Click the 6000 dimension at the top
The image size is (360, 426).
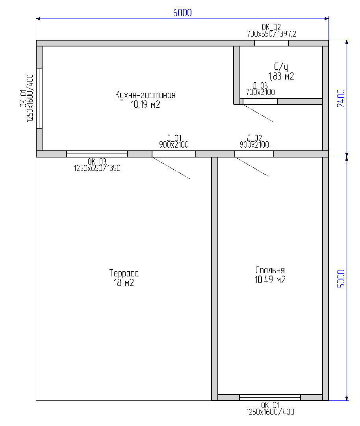tap(182, 13)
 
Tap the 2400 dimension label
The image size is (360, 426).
tap(341, 98)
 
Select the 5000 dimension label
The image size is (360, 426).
tap(341, 279)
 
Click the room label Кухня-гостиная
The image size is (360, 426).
tap(145, 95)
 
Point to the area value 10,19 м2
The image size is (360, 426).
tap(145, 105)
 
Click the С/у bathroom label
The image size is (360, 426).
tap(281, 67)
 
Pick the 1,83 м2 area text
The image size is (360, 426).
tap(281, 76)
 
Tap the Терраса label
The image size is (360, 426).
tap(124, 273)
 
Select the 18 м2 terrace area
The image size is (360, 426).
tap(124, 283)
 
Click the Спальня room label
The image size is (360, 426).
tap(270, 270)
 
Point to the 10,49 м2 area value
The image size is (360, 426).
tap(270, 280)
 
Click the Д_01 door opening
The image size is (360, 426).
tap(174, 154)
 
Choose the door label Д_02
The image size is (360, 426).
tap(254, 138)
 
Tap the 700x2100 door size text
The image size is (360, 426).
tap(260, 93)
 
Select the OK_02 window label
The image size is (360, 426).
tap(271, 27)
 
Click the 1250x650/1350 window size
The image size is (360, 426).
tap(97, 169)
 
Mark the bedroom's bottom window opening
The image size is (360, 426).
tap(270, 398)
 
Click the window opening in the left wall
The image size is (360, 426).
tap(39, 98)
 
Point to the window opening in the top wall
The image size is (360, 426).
tap(271, 43)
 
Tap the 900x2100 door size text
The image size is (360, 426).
tap(174, 144)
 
